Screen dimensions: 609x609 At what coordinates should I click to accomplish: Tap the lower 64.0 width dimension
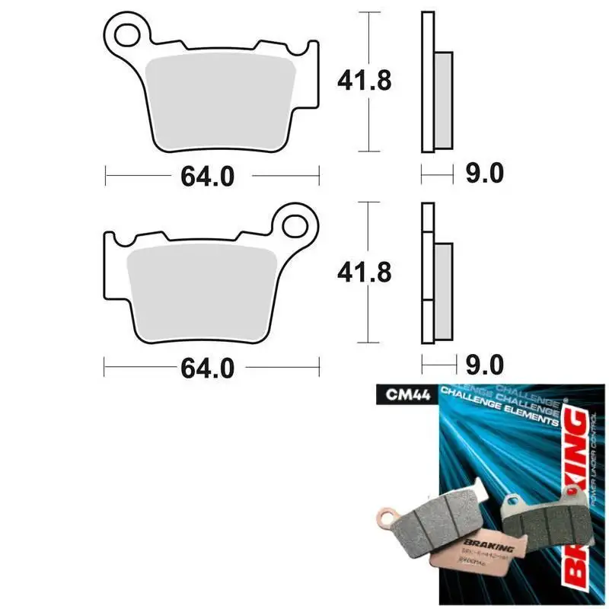[206, 368]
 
